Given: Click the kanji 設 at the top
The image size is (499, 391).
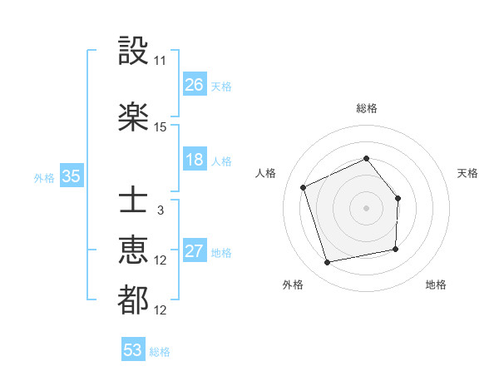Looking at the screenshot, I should [x=133, y=51].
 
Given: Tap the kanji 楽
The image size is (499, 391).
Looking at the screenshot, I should [x=133, y=116].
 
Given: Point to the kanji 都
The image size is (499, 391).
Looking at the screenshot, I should [x=133, y=299].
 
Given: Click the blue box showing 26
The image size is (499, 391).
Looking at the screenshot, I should [x=195, y=84].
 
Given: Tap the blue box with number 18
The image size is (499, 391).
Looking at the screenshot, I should [x=195, y=160].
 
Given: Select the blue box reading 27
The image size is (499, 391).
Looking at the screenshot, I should [x=195, y=251].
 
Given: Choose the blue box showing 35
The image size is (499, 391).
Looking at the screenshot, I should [x=71, y=176].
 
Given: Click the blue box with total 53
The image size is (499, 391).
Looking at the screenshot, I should [x=133, y=350].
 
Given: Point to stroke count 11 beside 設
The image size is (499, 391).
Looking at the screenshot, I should [x=161, y=61].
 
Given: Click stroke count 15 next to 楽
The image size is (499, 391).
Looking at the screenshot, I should [x=161, y=126].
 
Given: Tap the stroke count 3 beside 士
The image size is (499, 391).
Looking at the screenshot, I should [x=161, y=210].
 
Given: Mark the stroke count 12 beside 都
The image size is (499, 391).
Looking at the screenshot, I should [x=161, y=310].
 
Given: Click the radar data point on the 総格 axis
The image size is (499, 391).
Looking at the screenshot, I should [x=366, y=159].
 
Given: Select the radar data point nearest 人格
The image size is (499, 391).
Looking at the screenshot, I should [x=304, y=188].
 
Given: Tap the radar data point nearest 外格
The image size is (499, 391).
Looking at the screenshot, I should [x=328, y=263].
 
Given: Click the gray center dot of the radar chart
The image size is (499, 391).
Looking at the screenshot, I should [x=366, y=208].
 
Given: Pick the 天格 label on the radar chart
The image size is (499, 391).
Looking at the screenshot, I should [x=468, y=173].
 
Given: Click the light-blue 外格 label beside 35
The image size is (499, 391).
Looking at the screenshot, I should [x=44, y=177].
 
